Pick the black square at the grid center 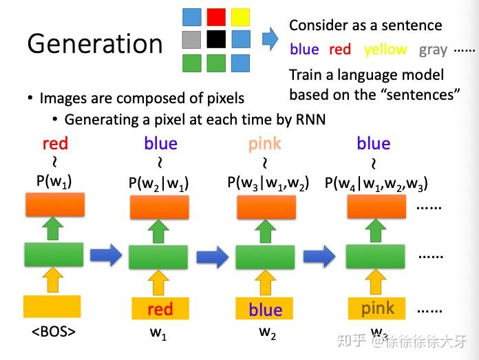(216, 39)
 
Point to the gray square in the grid (193, 39)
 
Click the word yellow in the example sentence (385, 50)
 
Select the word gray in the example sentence (433, 50)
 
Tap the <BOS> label (53, 332)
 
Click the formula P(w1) (55, 182)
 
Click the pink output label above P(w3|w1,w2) (265, 144)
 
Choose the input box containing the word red (160, 309)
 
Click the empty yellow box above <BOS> (52, 306)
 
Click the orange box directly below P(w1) (54, 204)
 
